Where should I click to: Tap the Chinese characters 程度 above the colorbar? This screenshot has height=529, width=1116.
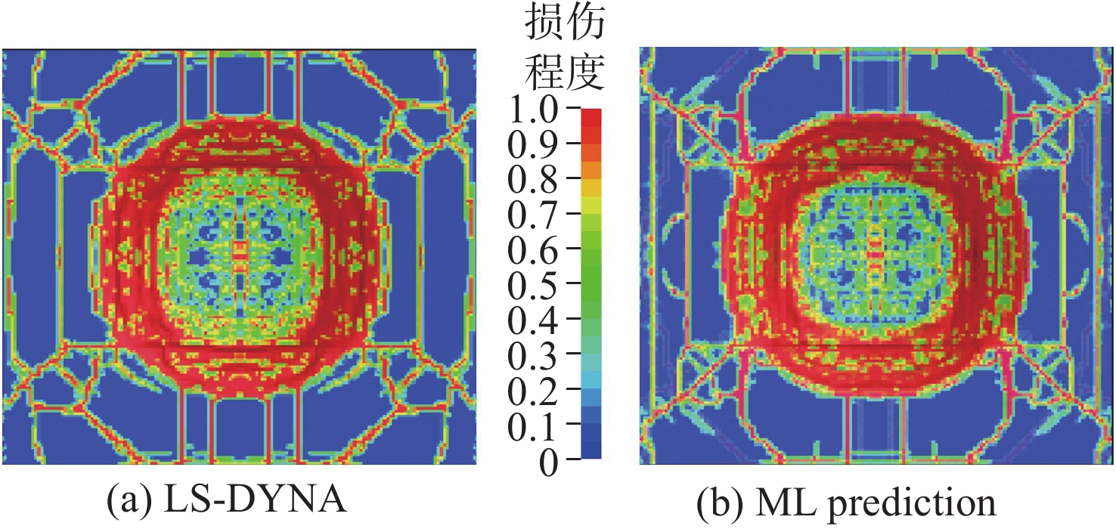point(564,73)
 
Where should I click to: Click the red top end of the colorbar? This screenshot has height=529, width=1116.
point(591,117)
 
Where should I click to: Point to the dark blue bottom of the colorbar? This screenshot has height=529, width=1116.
point(591,452)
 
